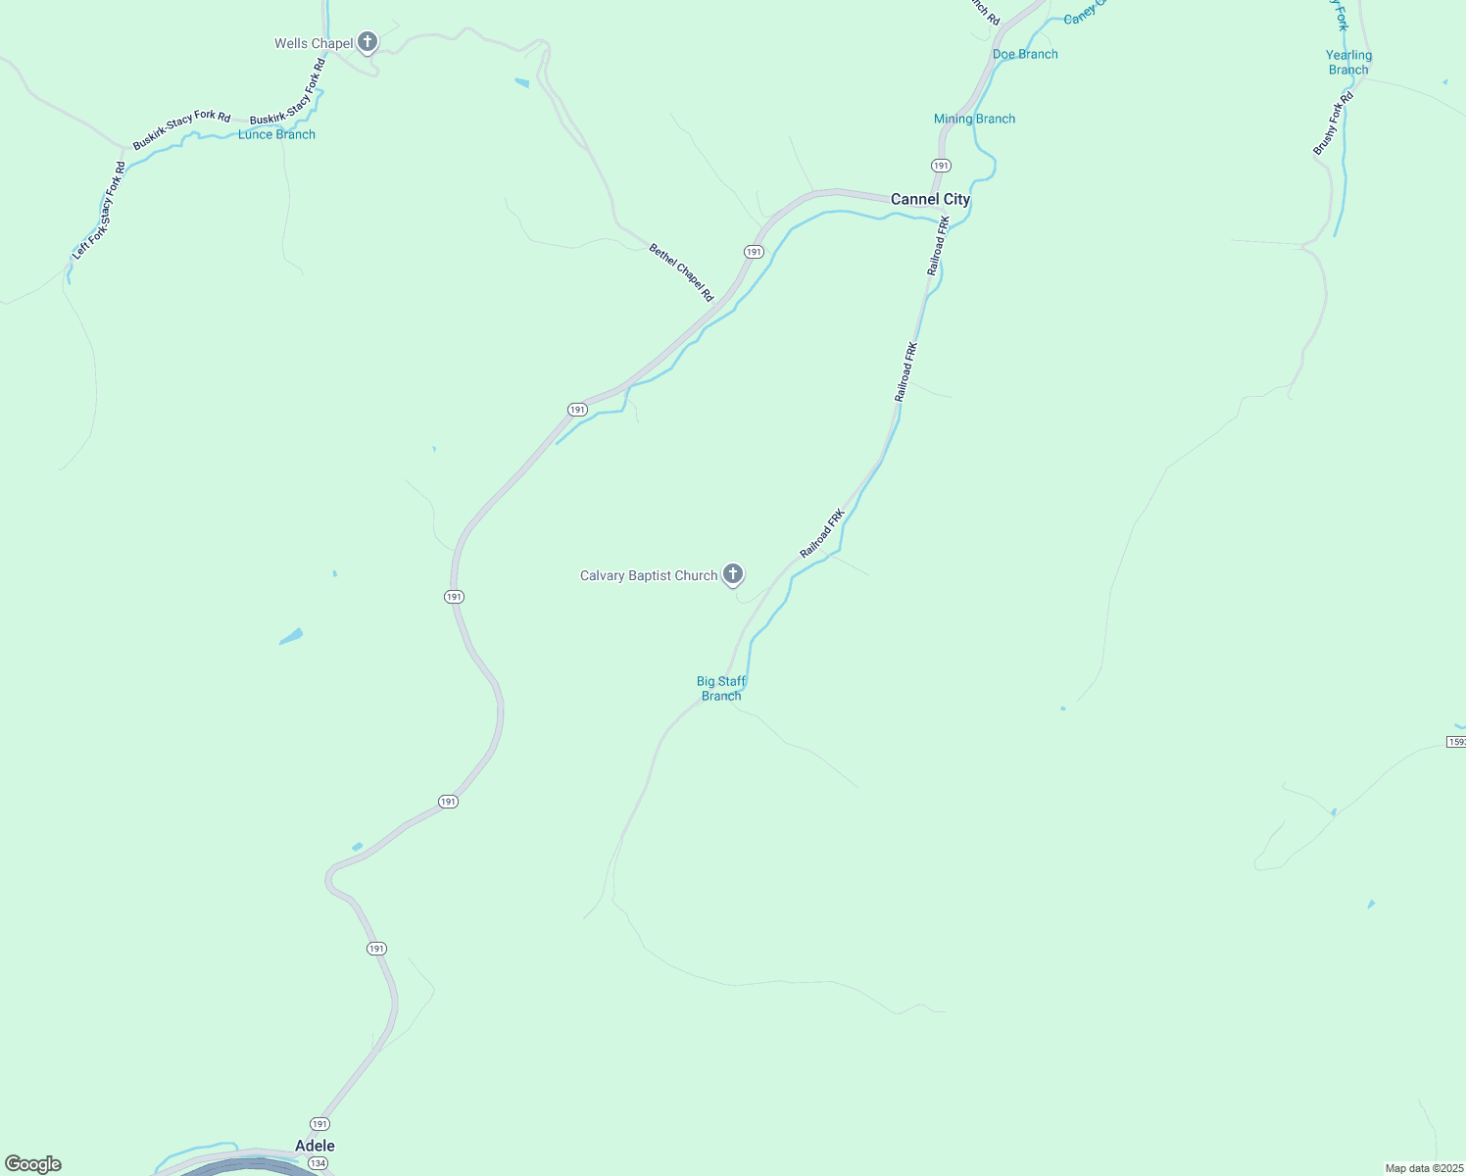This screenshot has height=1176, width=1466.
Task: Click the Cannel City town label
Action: (930, 199)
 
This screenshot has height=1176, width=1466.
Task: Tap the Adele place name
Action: (315, 1146)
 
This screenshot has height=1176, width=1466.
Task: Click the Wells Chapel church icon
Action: (367, 42)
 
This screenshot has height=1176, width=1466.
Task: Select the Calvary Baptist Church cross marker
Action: (733, 574)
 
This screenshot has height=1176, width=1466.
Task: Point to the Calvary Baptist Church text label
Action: (649, 575)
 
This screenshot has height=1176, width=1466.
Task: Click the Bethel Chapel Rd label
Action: (681, 272)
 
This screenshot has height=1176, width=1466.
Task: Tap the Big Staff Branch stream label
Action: (721, 688)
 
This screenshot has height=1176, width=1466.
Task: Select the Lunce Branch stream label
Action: (276, 134)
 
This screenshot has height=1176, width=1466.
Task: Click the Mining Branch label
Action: (974, 119)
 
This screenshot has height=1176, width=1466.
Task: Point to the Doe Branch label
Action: (1025, 54)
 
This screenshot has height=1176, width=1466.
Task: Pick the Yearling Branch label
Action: (1348, 63)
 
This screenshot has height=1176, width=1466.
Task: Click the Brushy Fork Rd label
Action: (1333, 123)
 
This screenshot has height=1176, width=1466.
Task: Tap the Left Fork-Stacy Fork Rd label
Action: (99, 211)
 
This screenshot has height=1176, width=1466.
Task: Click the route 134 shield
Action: (318, 1163)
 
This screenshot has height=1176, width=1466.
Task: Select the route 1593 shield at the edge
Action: (1456, 742)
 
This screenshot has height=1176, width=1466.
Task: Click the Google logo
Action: (33, 1164)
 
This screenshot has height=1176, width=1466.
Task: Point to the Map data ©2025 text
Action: (1423, 1168)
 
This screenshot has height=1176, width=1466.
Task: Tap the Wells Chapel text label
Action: (314, 43)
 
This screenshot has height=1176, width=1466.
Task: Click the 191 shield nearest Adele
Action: (320, 1124)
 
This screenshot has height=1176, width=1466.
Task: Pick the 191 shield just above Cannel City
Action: (941, 166)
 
